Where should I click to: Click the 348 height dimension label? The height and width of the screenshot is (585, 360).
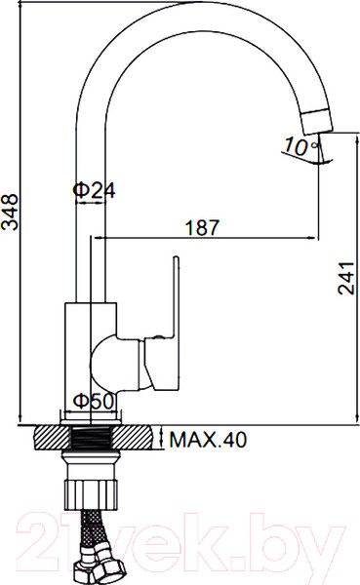pyautogui.click(x=10, y=212)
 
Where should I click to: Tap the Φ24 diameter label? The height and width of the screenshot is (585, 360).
pyautogui.click(x=94, y=190)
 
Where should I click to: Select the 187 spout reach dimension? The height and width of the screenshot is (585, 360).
pyautogui.click(x=202, y=227)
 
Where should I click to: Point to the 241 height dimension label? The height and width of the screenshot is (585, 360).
pyautogui.click(x=345, y=278)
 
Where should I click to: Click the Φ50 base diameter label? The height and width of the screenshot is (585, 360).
pyautogui.click(x=93, y=402)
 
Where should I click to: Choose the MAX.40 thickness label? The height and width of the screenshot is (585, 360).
pyautogui.click(x=208, y=440)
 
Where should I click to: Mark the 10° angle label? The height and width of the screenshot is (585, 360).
pyautogui.click(x=300, y=146)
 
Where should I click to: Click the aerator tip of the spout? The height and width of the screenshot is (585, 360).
pyautogui.click(x=317, y=122)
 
